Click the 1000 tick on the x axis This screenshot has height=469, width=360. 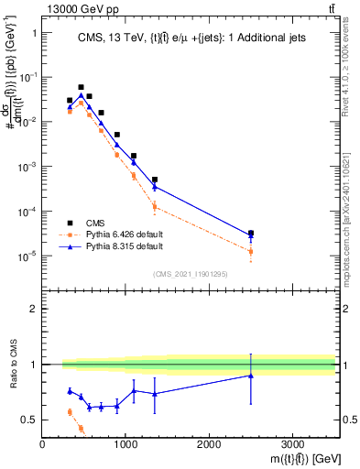tap(125, 443)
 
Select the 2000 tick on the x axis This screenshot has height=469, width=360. tap(209, 443)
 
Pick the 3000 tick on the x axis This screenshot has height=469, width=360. tap(292, 443)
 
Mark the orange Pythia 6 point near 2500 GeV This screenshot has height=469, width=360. tap(251, 251)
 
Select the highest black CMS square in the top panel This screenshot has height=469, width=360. tap(81, 87)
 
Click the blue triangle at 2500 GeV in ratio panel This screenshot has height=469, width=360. tap(251, 376)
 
